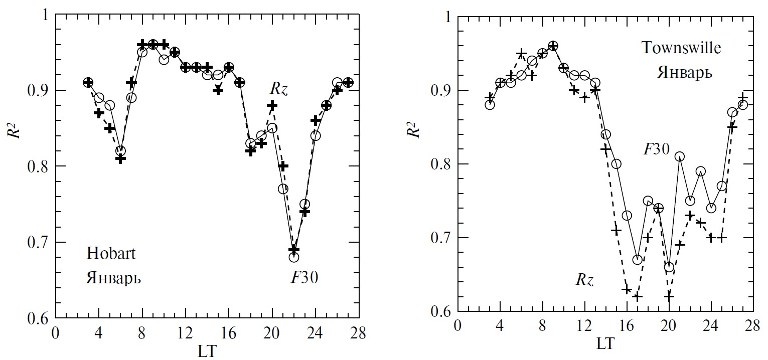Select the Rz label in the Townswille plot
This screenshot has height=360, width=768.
point(584,279)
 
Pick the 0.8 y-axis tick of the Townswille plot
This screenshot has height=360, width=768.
point(438,164)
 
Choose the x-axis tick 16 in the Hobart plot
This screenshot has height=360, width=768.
point(229,333)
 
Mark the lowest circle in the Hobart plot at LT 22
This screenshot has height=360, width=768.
point(294,257)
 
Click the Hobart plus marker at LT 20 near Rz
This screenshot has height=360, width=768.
point(272,105)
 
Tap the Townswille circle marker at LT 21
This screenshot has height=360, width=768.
point(680,157)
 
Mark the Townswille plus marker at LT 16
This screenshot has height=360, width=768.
point(627,289)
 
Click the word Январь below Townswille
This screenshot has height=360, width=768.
point(685,73)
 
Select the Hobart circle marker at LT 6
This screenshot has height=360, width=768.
point(120,151)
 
